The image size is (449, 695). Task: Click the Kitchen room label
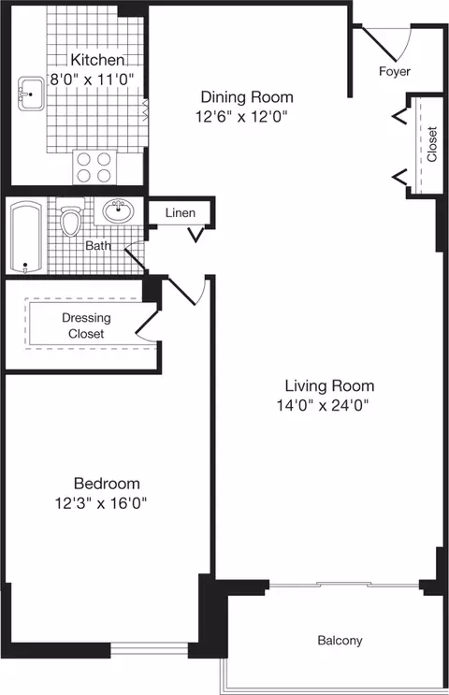(x=79, y=60)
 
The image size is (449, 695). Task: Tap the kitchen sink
(x=31, y=94)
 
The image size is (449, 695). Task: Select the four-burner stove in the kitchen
(x=92, y=167)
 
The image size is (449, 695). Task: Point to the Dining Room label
(x=247, y=97)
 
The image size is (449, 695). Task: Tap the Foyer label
(x=394, y=71)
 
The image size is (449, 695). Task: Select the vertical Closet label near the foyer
(x=431, y=144)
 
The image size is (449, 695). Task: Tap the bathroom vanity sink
(x=118, y=210)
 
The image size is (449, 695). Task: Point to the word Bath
(x=98, y=247)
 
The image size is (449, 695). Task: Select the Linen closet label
(x=181, y=213)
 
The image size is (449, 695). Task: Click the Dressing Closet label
(x=85, y=325)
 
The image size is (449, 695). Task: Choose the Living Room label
(x=329, y=385)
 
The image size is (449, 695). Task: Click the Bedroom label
(x=107, y=484)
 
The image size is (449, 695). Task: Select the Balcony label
(x=339, y=641)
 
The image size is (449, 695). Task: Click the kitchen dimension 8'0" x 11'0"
(x=79, y=79)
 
